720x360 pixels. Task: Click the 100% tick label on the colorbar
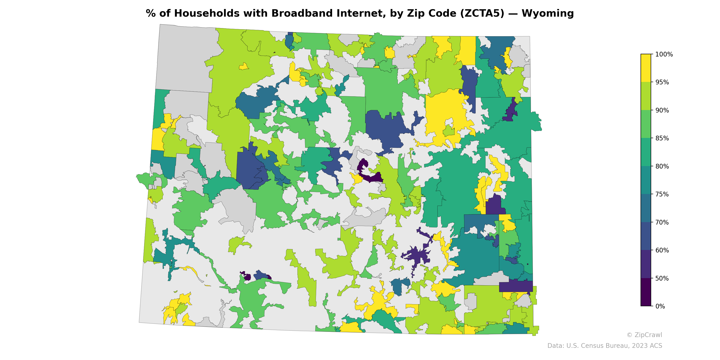pyautogui.click(x=664, y=54)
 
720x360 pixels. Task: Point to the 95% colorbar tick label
pyautogui.click(x=662, y=82)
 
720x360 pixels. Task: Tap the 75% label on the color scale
pyautogui.click(x=662, y=194)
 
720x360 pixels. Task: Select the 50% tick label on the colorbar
pyautogui.click(x=662, y=278)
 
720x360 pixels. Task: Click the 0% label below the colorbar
pyautogui.click(x=660, y=306)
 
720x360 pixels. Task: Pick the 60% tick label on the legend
pyautogui.click(x=662, y=250)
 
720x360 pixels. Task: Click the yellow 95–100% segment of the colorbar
pyautogui.click(x=646, y=68)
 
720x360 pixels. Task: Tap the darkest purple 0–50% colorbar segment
pyautogui.click(x=646, y=292)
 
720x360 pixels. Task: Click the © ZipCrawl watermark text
pyautogui.click(x=644, y=335)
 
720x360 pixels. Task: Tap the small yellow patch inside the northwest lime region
pyautogui.click(x=244, y=67)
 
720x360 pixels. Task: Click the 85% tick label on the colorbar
pyautogui.click(x=662, y=138)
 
